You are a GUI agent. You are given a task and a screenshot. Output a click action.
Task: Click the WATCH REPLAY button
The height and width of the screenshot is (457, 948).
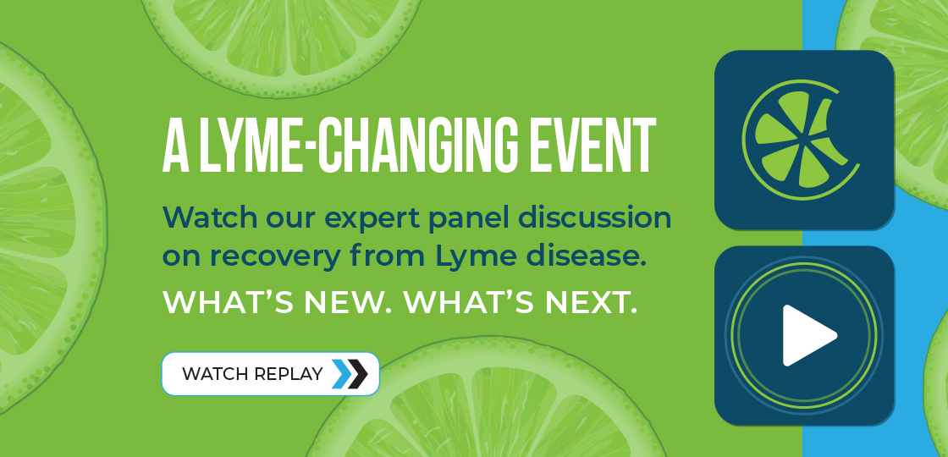(270, 373)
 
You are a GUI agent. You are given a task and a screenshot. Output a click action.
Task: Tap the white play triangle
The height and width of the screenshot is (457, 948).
(807, 335)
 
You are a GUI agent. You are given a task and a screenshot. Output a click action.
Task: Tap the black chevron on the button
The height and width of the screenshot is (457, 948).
(358, 374)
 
